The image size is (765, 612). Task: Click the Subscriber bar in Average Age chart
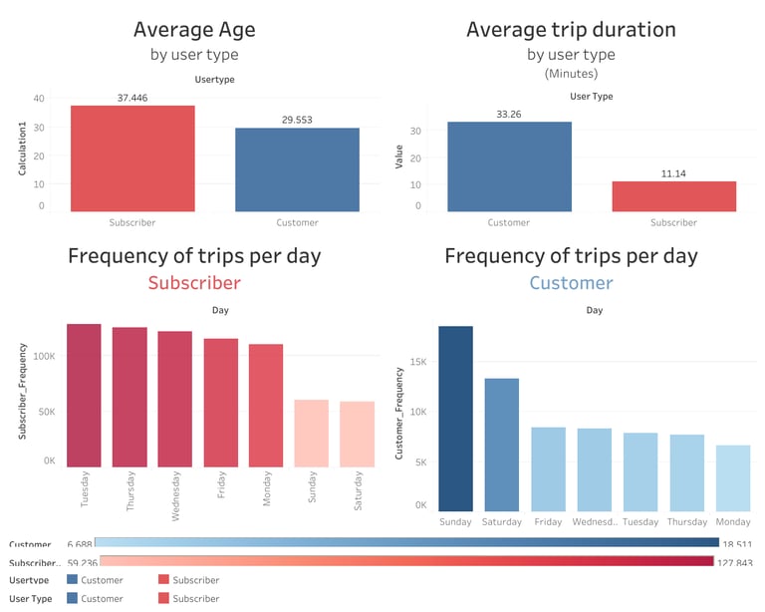click(132, 158)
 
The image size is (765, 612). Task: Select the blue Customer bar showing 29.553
click(297, 169)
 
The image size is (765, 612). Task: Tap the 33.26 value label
click(509, 115)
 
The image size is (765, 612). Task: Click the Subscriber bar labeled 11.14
click(673, 196)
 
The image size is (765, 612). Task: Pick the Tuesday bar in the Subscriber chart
click(84, 396)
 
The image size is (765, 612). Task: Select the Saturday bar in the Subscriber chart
click(357, 435)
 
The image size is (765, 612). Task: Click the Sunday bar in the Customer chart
click(455, 418)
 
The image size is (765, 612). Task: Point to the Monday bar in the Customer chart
click(732, 477)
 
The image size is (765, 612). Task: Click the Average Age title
click(187, 30)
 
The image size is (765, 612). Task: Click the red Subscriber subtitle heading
click(194, 282)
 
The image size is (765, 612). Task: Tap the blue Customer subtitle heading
click(571, 282)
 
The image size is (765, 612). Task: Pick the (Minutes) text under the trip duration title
click(571, 74)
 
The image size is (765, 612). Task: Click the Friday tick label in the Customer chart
click(547, 521)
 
